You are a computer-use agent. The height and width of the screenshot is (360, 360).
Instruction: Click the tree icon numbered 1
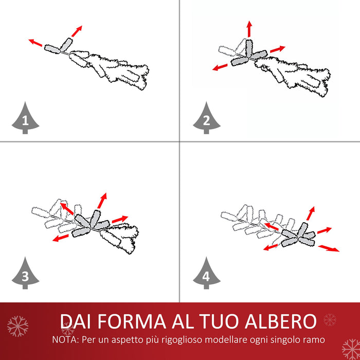point(25,119)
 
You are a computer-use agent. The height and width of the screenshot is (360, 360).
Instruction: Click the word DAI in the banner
point(77,321)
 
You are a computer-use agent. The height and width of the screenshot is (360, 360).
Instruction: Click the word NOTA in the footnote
point(65,340)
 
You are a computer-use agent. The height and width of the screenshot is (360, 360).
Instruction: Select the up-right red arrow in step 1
point(76,30)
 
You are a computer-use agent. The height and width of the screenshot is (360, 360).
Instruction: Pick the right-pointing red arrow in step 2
point(277,49)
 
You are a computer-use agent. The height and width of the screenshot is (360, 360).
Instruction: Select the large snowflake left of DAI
point(18,326)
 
